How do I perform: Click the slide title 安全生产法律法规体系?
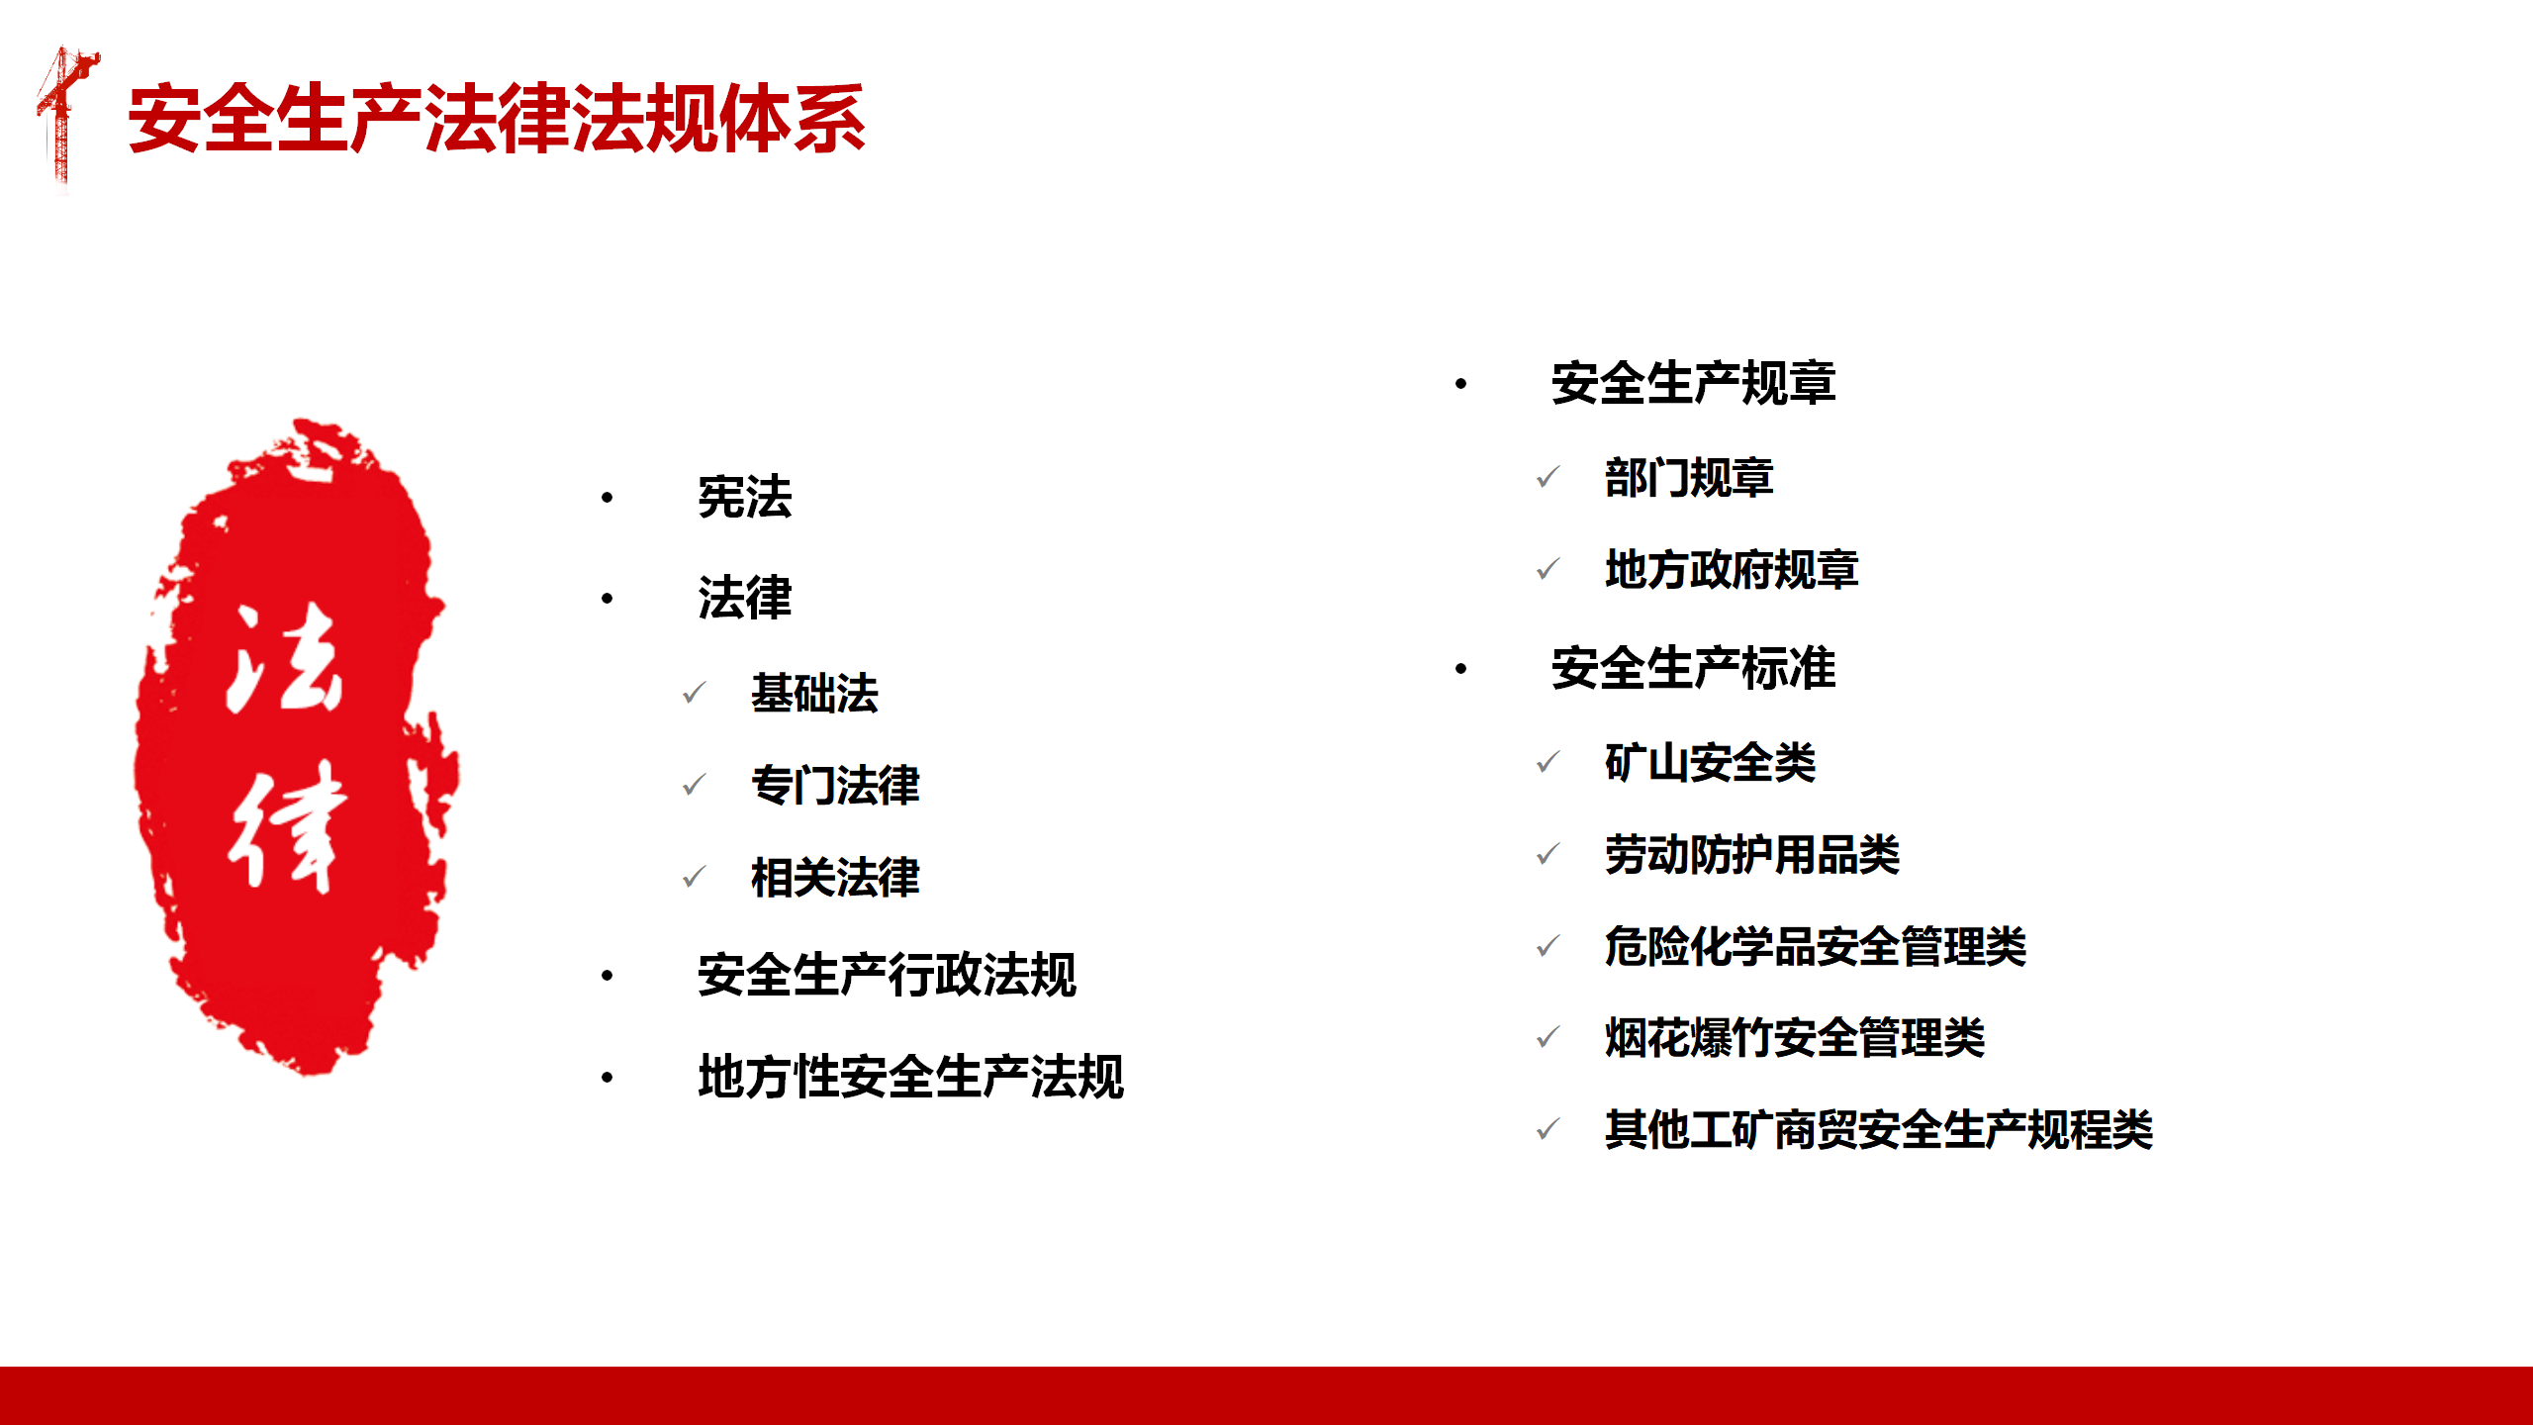coord(497,119)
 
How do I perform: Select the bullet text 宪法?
coord(745,497)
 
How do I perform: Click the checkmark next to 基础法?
coord(695,693)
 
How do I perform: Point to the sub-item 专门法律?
coord(835,785)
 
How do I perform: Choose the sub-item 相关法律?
coord(835,877)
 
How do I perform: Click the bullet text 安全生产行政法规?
coord(887,975)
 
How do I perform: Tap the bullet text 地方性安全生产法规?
coord(910,1077)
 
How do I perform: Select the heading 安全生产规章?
coord(1693,383)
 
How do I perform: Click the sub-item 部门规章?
coord(1689,478)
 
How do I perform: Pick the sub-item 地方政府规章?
coord(1732,569)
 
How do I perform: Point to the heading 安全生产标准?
coord(1693,668)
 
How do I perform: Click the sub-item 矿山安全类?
coord(1710,762)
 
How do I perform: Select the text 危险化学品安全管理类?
coord(1816,946)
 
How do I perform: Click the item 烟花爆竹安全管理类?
coord(1795,1037)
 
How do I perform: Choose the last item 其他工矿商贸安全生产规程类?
coord(1879,1129)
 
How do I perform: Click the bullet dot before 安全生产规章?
coord(1460,384)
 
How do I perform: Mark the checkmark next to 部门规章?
coord(1548,478)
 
